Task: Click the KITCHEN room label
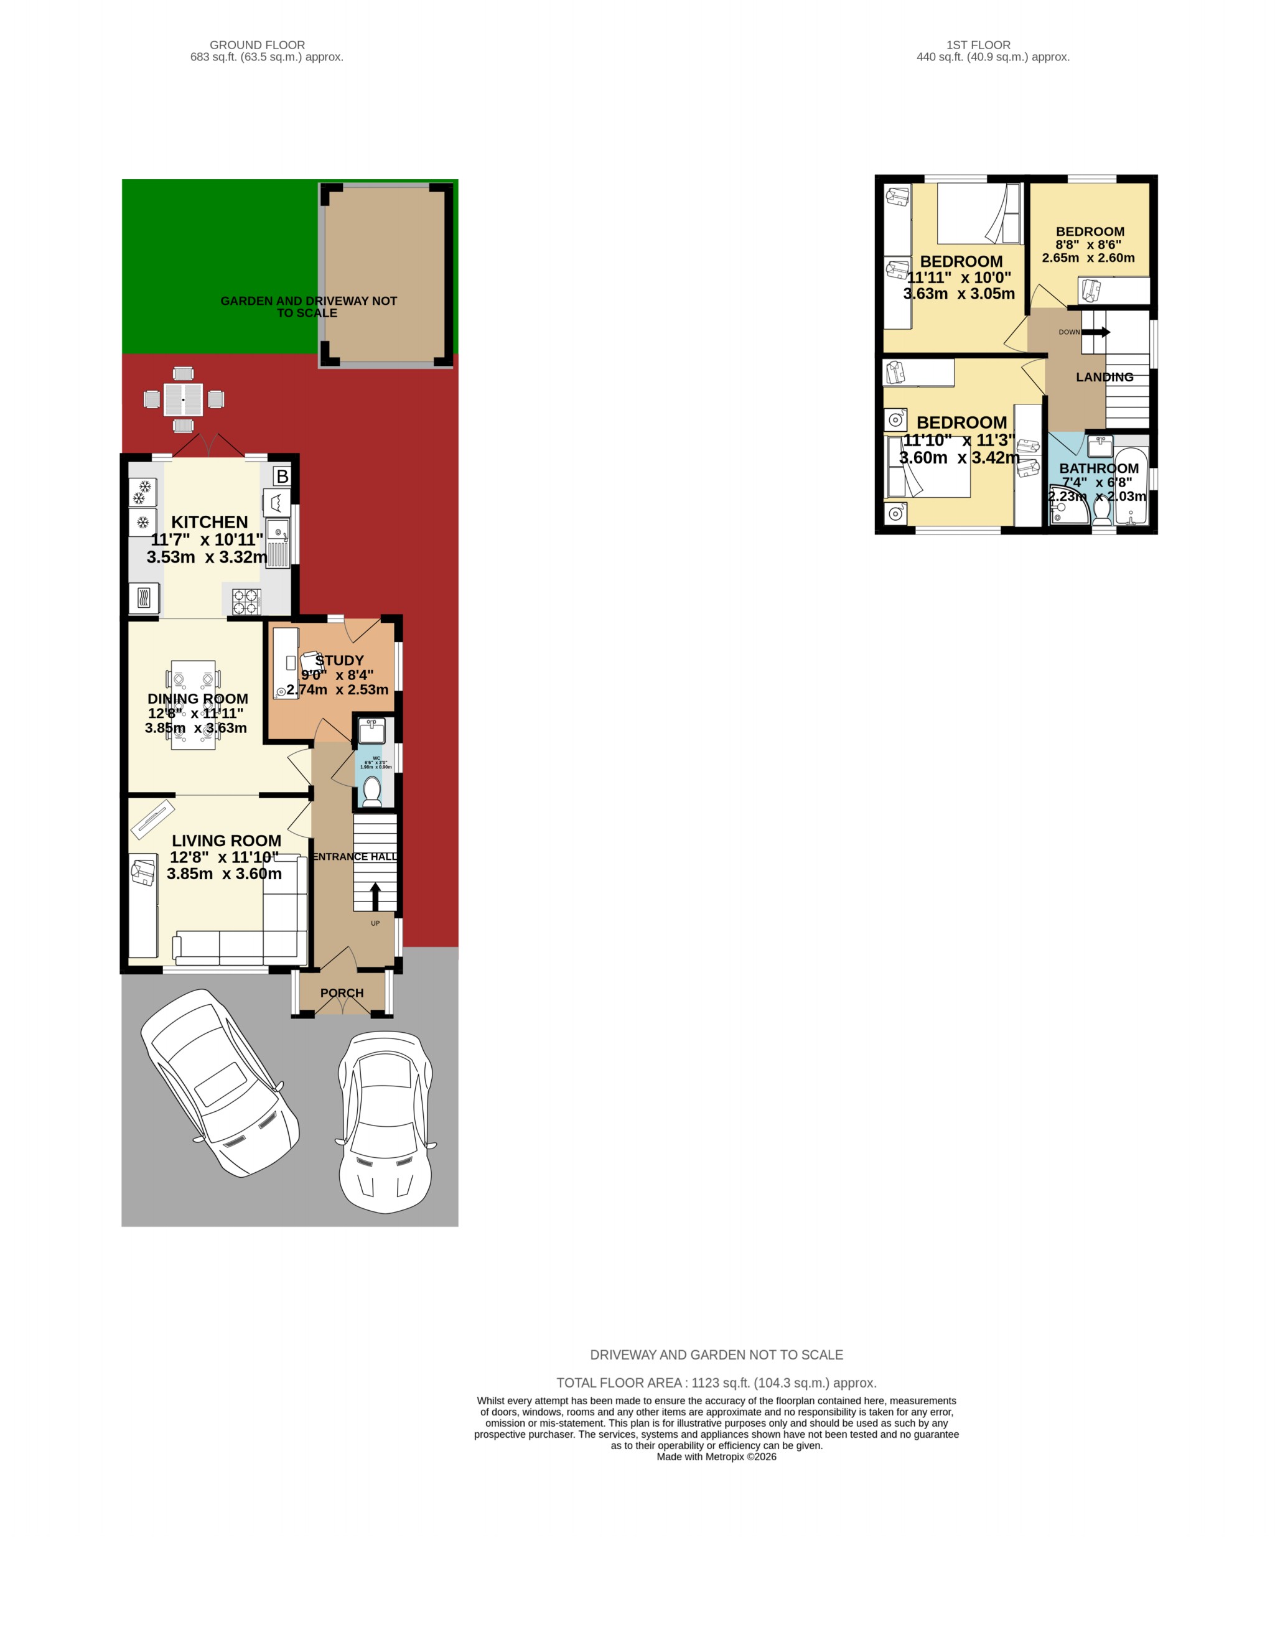(209, 522)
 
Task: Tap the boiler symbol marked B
(282, 476)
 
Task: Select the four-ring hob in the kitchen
(246, 602)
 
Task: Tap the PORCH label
(342, 993)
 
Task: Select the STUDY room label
(339, 660)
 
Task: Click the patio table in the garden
(184, 399)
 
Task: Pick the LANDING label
(1105, 377)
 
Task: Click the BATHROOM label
(1098, 468)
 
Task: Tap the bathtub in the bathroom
(1131, 487)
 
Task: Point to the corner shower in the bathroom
(1067, 507)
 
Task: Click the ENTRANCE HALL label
(355, 856)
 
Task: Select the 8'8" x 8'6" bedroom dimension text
(1088, 245)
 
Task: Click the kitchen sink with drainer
(278, 543)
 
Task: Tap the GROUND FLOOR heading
(257, 45)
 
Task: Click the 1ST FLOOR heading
(978, 45)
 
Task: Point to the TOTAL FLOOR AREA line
(716, 1382)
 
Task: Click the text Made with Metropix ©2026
(716, 1457)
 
